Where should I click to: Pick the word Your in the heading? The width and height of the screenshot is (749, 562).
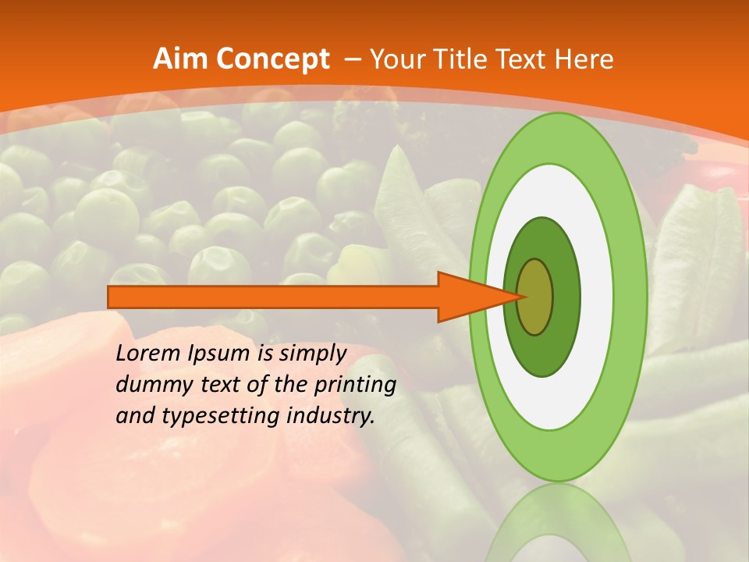coord(398,59)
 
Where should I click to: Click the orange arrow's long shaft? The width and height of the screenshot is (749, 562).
coord(273,297)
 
